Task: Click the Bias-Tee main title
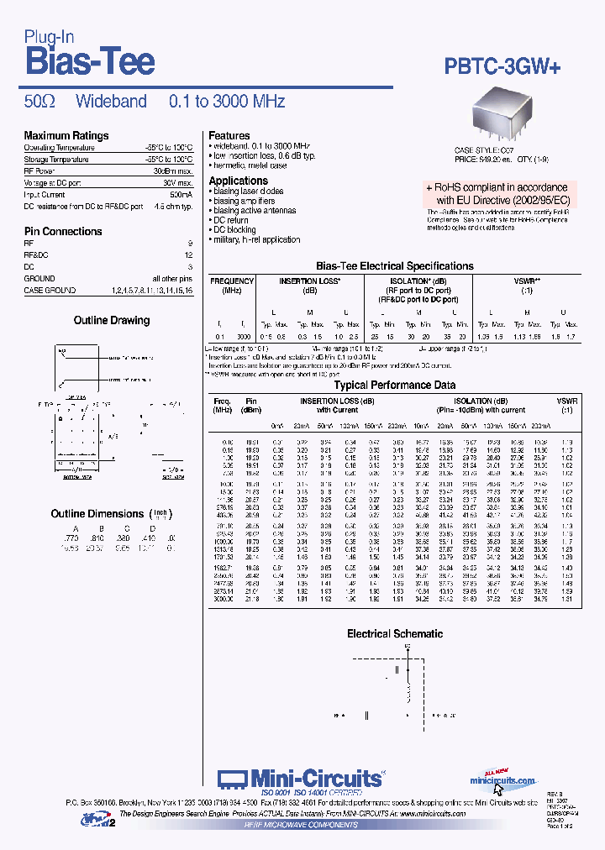[x=89, y=61]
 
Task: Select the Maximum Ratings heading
[x=66, y=135]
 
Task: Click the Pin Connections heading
[x=63, y=231]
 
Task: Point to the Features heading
[x=229, y=135]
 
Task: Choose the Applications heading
[x=238, y=181]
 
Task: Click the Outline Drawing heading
[x=112, y=320]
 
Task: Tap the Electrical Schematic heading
[x=395, y=633]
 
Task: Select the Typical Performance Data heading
[x=395, y=385]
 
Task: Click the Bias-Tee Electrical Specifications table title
[x=394, y=265]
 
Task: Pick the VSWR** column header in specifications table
[x=527, y=281]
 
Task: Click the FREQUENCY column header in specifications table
[x=232, y=281]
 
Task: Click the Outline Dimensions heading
[x=97, y=513]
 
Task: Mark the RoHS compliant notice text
[x=497, y=194]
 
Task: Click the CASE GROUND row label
[x=50, y=290]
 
